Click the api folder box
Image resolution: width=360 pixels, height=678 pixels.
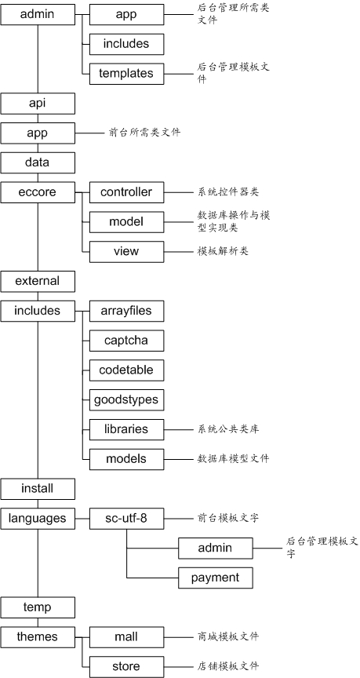pos(38,104)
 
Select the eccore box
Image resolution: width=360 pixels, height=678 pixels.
pos(38,192)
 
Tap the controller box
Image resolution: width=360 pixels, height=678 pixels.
pos(126,192)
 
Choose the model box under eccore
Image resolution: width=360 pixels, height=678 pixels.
pos(126,222)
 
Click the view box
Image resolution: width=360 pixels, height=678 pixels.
pos(126,252)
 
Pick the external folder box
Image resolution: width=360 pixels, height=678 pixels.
pos(38,281)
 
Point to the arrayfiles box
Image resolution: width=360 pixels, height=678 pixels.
pos(126,311)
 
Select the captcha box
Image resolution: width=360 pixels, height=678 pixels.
pos(126,341)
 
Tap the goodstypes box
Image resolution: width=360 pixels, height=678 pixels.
pos(126,400)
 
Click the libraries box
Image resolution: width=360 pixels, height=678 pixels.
pos(126,429)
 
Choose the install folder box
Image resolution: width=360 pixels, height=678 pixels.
pos(38,489)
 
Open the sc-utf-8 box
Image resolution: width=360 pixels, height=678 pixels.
pos(126,519)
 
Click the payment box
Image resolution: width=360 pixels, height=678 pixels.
pos(216,578)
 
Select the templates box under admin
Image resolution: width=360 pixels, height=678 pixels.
pos(126,74)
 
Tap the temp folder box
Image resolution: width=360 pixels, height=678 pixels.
pos(38,607)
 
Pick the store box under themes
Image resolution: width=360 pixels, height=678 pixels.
pos(126,667)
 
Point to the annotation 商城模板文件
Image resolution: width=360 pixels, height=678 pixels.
pos(228,636)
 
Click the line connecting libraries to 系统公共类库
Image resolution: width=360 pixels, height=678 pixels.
pos(180,430)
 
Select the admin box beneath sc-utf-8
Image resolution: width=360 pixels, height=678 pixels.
pos(216,549)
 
